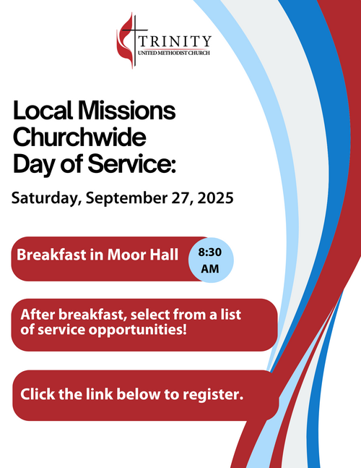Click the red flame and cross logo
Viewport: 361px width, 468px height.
[x=131, y=41]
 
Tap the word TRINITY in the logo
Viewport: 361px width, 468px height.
[x=175, y=41]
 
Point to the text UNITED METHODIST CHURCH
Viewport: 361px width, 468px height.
[x=174, y=53]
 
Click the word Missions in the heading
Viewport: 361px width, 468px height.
[x=127, y=111]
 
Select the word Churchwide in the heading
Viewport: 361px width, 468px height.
[x=79, y=137]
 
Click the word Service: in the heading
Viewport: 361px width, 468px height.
[x=132, y=164]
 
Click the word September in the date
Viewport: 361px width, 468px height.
[x=126, y=198]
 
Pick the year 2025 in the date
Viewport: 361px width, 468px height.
[x=216, y=198]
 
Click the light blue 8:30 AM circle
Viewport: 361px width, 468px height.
[x=211, y=260]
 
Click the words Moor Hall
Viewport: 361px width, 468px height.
[x=143, y=255]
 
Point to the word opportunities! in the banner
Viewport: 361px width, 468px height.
[x=138, y=330]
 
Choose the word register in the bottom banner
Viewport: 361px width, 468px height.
[x=213, y=394]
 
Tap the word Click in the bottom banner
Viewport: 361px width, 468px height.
[x=38, y=394]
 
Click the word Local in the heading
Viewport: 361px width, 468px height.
[x=43, y=111]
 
